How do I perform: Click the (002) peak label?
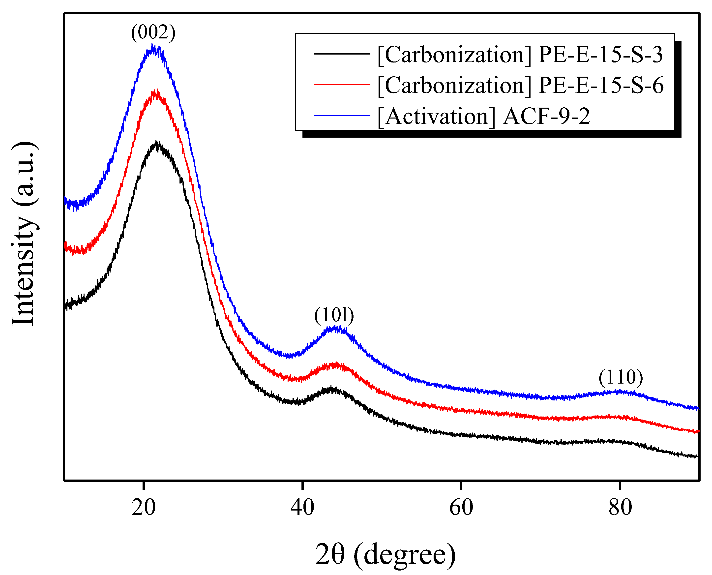[x=153, y=32]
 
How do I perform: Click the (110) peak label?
[x=620, y=377]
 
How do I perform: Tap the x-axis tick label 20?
[x=143, y=507]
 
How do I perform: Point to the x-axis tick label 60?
[x=461, y=507]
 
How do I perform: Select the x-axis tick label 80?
[x=620, y=507]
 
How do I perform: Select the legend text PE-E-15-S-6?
[x=601, y=85]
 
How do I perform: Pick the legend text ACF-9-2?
[x=546, y=116]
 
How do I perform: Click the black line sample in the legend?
[x=342, y=54]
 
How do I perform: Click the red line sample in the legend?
[x=342, y=85]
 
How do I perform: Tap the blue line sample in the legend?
[x=342, y=116]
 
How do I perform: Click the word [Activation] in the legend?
[x=436, y=116]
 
